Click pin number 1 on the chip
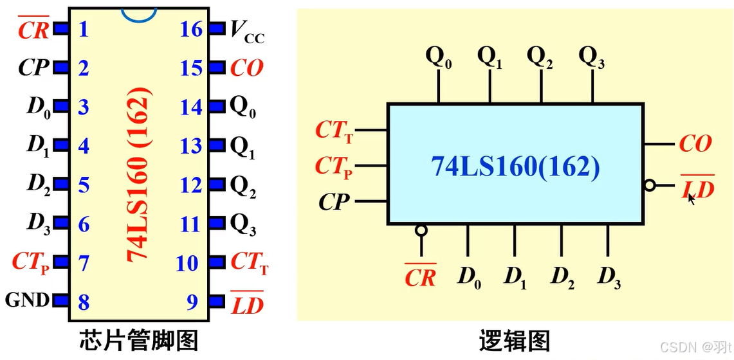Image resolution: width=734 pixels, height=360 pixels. coord(83,30)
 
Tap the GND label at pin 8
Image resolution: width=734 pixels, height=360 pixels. coord(27,300)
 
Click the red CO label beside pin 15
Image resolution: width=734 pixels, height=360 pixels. coord(247,68)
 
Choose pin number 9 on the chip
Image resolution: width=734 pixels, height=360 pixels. coord(192,302)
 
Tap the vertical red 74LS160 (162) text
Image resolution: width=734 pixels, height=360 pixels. coord(138,175)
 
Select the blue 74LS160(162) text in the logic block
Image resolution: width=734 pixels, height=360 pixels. coord(515,167)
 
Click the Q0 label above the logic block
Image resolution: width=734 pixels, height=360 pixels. coord(439,58)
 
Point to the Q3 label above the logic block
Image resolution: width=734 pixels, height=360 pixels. coord(591,57)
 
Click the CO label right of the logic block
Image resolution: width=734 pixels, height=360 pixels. coord(695,144)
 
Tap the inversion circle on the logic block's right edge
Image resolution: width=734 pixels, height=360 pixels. coord(650,186)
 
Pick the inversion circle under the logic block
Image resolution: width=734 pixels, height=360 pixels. coord(421,230)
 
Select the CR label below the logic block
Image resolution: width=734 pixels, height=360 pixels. coord(420,277)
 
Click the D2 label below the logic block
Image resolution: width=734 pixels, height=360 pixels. coord(562,277)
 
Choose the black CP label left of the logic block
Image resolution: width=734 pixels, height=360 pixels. coord(334,203)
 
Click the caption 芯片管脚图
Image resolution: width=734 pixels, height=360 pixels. coord(138,339)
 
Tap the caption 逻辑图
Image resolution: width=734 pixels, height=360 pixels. coord(515,339)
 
